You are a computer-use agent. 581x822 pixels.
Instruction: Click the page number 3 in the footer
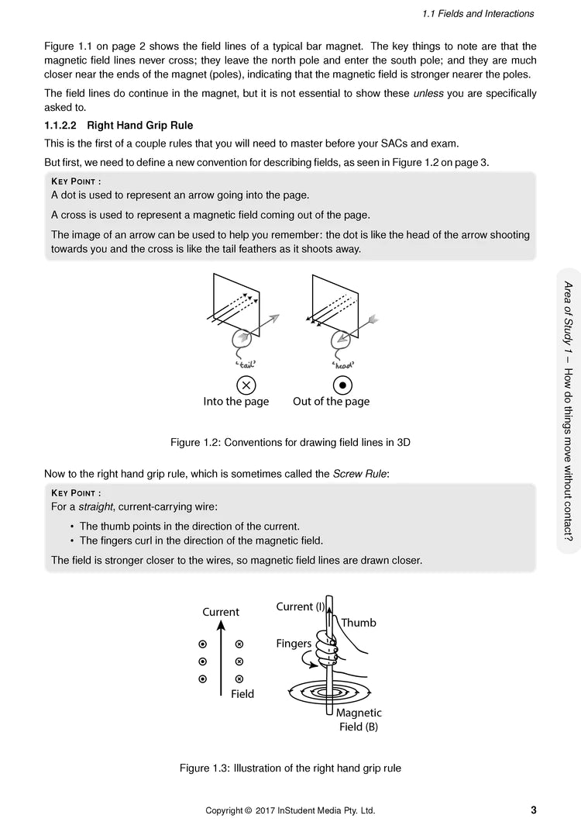pyautogui.click(x=534, y=810)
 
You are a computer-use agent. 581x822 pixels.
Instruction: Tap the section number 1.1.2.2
pyautogui.click(x=63, y=125)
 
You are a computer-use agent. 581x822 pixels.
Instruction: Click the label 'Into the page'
pyautogui.click(x=236, y=402)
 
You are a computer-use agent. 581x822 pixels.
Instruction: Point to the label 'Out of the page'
pyautogui.click(x=331, y=402)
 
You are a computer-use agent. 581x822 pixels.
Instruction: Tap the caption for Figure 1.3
pyautogui.click(x=290, y=768)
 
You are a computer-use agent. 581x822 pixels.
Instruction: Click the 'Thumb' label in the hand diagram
pyautogui.click(x=358, y=623)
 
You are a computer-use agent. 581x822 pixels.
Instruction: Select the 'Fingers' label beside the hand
pyautogui.click(x=294, y=644)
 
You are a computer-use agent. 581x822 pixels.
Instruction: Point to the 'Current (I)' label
pyautogui.click(x=300, y=607)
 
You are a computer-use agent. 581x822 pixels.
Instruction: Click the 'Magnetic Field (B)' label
pyautogui.click(x=359, y=720)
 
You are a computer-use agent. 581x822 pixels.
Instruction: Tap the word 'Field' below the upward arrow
pyautogui.click(x=242, y=694)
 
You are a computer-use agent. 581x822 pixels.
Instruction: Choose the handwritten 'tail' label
pyautogui.click(x=246, y=363)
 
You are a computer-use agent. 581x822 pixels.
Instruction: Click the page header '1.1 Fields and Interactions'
pyautogui.click(x=478, y=14)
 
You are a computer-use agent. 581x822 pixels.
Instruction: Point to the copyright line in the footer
pyautogui.click(x=290, y=811)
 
